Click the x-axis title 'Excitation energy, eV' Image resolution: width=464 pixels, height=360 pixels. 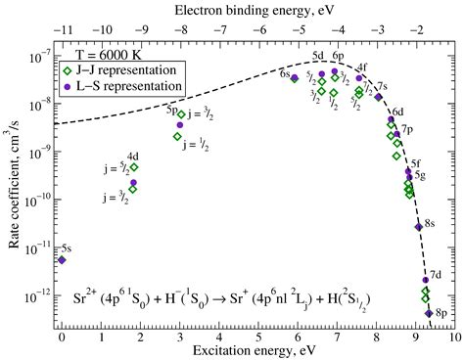click(257, 348)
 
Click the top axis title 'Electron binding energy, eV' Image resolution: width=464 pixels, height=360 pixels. click(257, 9)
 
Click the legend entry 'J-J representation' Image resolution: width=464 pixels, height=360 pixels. click(129, 69)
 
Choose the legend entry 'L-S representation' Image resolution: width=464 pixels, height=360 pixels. click(129, 86)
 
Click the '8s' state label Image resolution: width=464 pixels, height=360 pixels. click(430, 224)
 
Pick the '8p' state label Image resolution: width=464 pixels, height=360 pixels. click(441, 313)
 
